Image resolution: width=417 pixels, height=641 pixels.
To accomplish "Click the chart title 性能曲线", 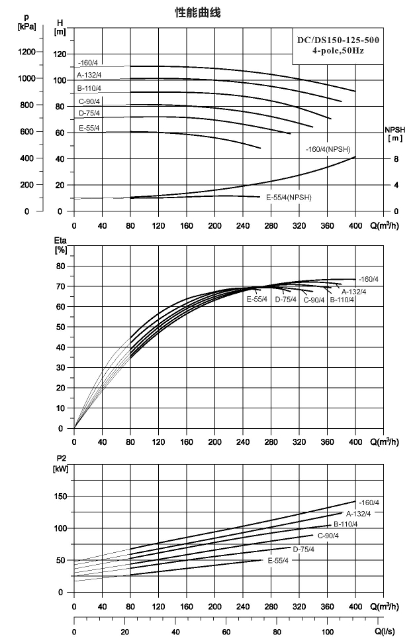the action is (x=198, y=13).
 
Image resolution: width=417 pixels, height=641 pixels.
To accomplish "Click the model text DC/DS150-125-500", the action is (x=338, y=40).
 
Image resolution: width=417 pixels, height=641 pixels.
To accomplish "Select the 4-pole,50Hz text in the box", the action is (x=338, y=51).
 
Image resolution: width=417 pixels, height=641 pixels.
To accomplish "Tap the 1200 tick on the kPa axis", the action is (x=27, y=52).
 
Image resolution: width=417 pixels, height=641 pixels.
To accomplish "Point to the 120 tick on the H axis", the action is (x=60, y=54).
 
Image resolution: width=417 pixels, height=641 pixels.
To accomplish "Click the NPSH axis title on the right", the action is (x=395, y=134).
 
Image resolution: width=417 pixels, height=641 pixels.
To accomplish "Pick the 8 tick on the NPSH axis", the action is (x=396, y=159).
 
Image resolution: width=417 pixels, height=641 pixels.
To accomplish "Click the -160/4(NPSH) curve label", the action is (x=328, y=149).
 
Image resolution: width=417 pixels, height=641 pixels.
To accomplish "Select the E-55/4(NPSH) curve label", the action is (x=289, y=198).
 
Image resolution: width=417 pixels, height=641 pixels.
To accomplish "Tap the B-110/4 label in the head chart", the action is (x=89, y=88).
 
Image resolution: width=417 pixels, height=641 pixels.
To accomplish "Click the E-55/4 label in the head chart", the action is (x=89, y=129).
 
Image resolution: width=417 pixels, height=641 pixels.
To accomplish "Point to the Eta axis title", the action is (x=60, y=245).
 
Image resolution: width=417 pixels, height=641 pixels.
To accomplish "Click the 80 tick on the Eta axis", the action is (x=60, y=266).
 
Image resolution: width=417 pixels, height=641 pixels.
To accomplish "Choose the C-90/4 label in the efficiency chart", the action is (x=314, y=300).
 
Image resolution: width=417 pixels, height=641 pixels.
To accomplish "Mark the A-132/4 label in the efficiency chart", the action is (x=353, y=292).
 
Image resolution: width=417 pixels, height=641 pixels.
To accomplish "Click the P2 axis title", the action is (x=61, y=465).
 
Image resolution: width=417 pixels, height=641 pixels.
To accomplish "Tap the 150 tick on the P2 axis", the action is (x=60, y=496).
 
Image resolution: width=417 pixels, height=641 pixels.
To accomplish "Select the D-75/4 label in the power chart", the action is (x=304, y=550).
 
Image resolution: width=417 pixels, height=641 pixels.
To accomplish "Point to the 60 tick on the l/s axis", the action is (x=226, y=632).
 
